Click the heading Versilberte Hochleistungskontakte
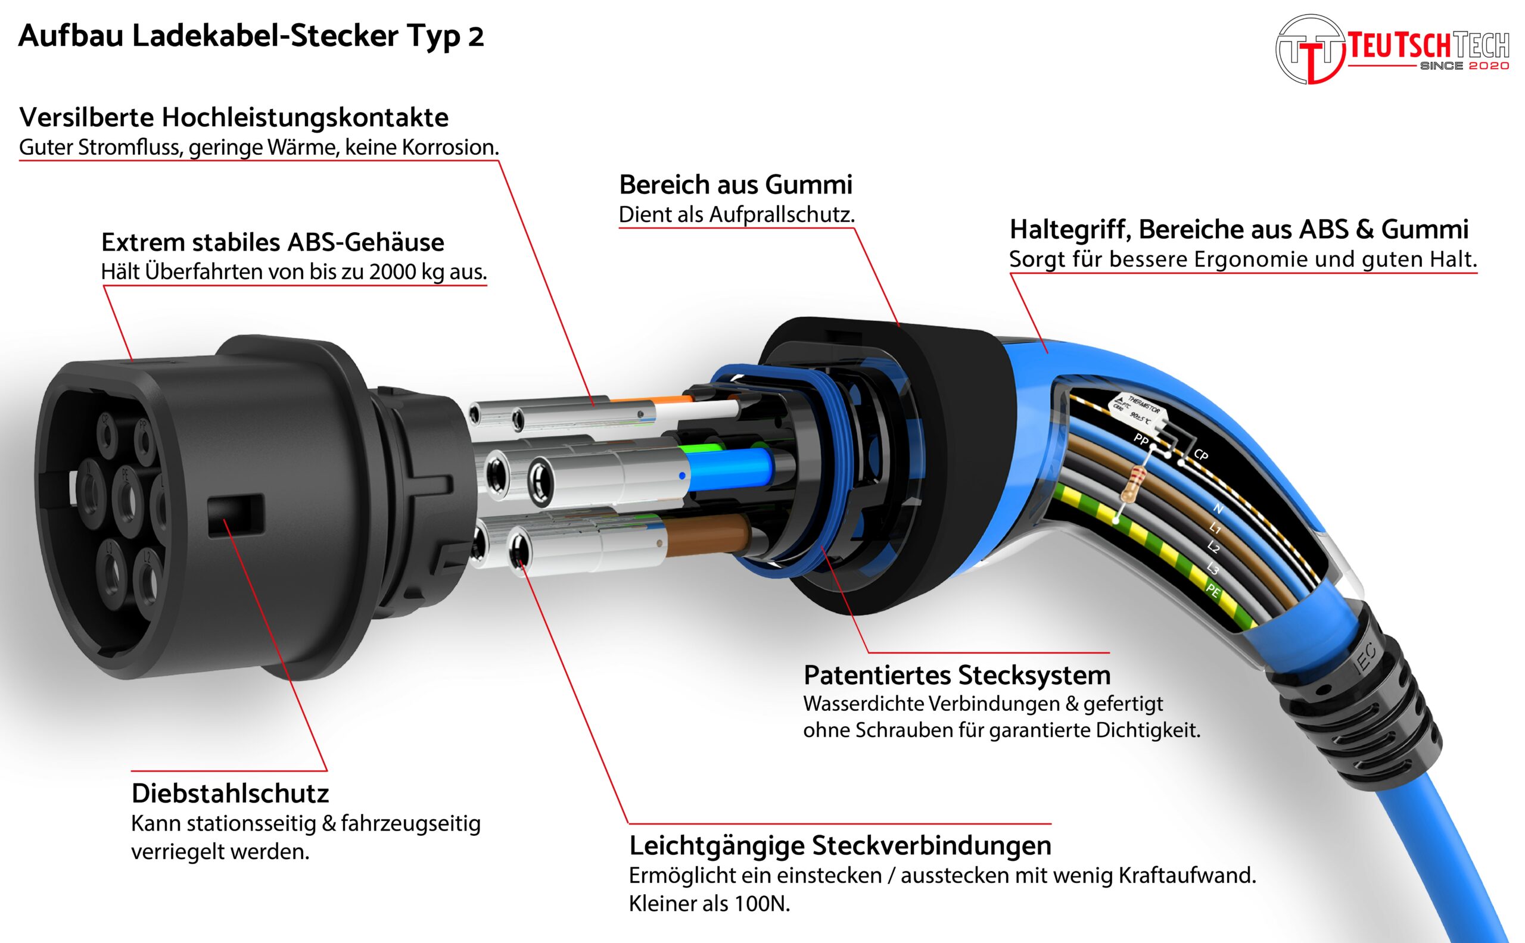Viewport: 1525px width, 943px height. pyautogui.click(x=234, y=117)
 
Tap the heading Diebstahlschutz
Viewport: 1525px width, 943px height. pyautogui.click(x=229, y=794)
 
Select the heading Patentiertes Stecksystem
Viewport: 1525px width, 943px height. pyautogui.click(x=957, y=675)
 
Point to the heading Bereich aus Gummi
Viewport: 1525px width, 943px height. pyautogui.click(x=735, y=185)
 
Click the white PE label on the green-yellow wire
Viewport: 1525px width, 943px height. pyautogui.click(x=1212, y=590)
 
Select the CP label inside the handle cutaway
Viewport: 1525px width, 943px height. pyautogui.click(x=1200, y=455)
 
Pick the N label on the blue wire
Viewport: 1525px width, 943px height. pyautogui.click(x=1218, y=508)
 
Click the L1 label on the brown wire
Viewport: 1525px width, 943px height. pyautogui.click(x=1214, y=528)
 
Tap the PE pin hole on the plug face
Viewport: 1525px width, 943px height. pyautogui.click(x=129, y=497)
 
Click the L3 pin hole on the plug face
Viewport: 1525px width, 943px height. pyautogui.click(x=161, y=505)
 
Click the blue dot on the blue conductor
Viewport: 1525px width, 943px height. pyautogui.click(x=682, y=476)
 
